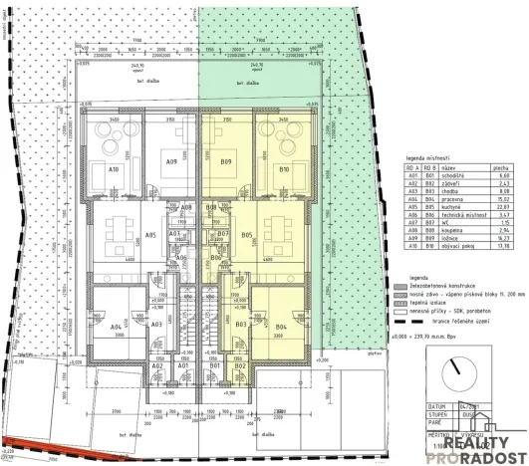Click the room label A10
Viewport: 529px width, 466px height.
pyautogui.click(x=115, y=170)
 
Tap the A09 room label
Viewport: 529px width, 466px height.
pyautogui.click(x=171, y=161)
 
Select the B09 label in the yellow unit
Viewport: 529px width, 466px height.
pyautogui.click(x=226, y=161)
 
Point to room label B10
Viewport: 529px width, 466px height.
pyautogui.click(x=284, y=170)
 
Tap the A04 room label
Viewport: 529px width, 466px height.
pyautogui.click(x=116, y=327)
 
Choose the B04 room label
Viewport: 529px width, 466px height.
pyautogui.click(x=281, y=327)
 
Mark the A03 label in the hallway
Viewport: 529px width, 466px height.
pyautogui.click(x=156, y=325)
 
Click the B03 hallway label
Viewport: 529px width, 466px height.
pyautogui.click(x=240, y=325)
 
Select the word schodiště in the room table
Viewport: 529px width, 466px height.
pyautogui.click(x=451, y=177)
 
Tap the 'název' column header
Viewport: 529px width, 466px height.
pyautogui.click(x=443, y=170)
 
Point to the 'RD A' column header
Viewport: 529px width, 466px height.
pyautogui.click(x=409, y=170)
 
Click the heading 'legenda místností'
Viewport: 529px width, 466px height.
pyautogui.click(x=428, y=157)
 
